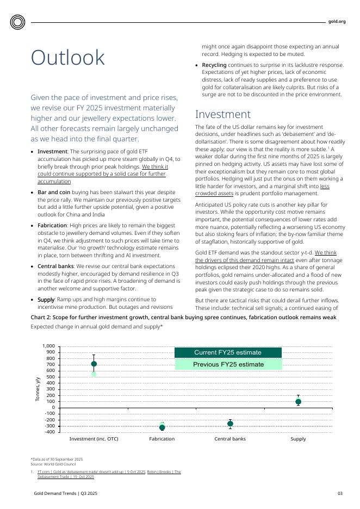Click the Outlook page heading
(68, 58)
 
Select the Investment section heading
(223, 114)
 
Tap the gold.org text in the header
(337, 22)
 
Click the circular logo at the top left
(18, 22)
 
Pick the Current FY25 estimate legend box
(228, 352)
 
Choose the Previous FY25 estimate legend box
(228, 364)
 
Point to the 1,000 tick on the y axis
(48, 346)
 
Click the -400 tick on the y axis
(49, 432)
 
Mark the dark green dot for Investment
(94, 364)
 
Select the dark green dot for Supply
(298, 402)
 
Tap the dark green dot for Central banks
(230, 424)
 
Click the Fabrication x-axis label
(162, 439)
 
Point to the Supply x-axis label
(298, 439)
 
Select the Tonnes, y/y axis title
(38, 389)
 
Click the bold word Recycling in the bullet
(214, 65)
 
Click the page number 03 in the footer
(340, 493)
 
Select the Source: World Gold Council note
(53, 463)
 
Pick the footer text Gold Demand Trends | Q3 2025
(65, 493)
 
